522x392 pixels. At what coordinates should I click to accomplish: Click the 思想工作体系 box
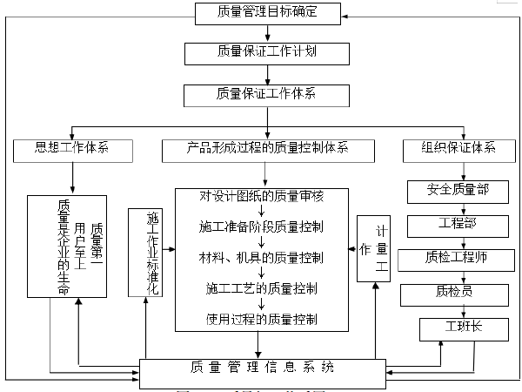tap(72, 148)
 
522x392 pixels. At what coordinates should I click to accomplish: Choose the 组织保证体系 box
tap(451, 148)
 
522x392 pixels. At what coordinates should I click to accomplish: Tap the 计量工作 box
tap(374, 249)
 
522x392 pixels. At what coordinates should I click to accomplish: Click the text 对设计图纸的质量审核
tap(262, 194)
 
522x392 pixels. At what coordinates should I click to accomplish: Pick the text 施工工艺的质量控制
tap(262, 287)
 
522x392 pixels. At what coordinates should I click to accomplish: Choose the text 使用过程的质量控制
tap(262, 317)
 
